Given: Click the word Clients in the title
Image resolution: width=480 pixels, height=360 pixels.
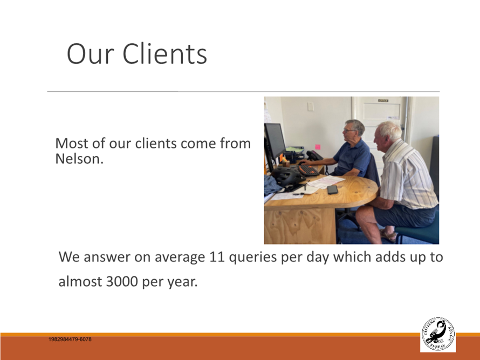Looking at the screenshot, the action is pos(164,53).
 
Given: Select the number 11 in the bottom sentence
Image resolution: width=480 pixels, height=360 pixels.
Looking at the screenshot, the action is pos(217,257).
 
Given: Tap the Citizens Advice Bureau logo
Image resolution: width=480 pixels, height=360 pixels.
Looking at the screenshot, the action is pos(438,334).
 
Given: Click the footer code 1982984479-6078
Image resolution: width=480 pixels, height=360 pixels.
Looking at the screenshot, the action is pos(70,339).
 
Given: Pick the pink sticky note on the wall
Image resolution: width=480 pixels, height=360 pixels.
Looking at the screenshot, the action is pos(318,147).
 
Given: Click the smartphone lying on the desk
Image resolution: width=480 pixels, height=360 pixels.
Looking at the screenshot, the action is pos(332,189).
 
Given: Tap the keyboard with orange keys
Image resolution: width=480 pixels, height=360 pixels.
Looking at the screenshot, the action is pos(308,170).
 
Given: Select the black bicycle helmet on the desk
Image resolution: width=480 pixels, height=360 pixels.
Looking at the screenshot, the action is pos(288,176).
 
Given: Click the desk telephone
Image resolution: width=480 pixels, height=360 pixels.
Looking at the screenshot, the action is pos(314,155).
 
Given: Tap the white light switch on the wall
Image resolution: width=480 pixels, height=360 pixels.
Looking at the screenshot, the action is pos(311,106).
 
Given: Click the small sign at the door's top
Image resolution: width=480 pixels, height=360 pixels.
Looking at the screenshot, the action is pos(383,100).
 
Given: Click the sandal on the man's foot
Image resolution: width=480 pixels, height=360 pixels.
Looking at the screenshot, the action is pos(388,235).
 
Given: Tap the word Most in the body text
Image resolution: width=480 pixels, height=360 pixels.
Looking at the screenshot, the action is pos(72,144).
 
